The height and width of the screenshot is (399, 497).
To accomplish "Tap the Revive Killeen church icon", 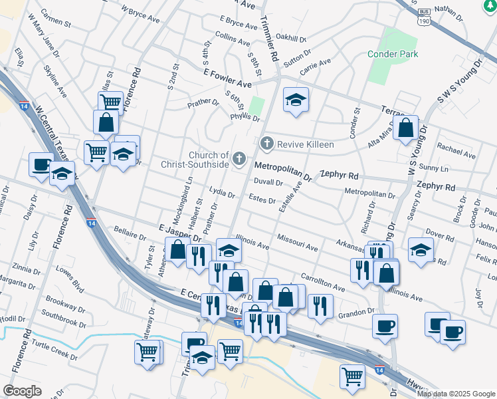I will tap(266, 144).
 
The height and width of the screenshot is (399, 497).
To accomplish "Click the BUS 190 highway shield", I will tap(423, 17).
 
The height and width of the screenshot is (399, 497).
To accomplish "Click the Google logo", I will tap(22, 391).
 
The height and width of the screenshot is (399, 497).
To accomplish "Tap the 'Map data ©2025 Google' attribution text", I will tap(456, 393).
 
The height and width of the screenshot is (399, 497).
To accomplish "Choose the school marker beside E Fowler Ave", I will tap(296, 100).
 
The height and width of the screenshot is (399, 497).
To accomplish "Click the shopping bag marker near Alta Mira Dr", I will tap(405, 128).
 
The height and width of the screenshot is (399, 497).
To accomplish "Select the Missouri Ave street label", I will tap(298, 241).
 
